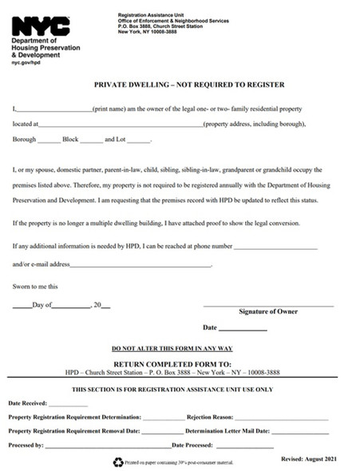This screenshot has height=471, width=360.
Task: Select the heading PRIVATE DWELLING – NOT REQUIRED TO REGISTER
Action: (179, 85)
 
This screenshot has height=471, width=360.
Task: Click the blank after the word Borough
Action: (49, 142)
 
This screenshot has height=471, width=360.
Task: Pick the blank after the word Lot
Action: (139, 142)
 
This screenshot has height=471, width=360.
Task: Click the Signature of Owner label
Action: (269, 311)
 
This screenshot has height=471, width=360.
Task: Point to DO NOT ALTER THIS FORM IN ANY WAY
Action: (172, 348)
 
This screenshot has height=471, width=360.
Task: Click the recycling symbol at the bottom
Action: (119, 461)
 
